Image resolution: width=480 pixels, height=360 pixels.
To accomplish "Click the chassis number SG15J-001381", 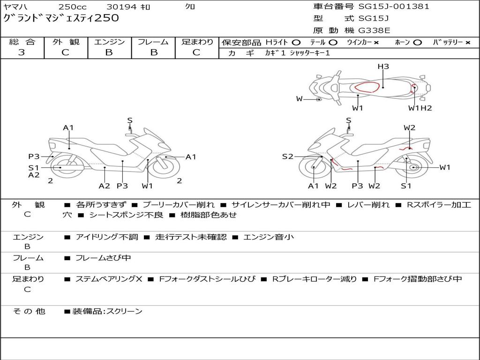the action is pos(394,7).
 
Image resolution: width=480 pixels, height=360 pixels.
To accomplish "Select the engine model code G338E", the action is pos(374,30).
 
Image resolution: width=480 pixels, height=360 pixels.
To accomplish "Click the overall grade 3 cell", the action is pos(22,52).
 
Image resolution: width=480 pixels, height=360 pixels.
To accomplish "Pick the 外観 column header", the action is pos(66,42).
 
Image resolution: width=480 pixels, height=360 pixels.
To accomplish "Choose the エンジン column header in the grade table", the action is pos(109,42).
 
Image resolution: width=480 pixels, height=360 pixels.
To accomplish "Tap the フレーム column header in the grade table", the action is pos(153,42).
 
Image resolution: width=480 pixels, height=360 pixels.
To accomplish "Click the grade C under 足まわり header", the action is pos(196,52).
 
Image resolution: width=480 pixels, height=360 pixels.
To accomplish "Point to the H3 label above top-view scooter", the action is pos(383,67).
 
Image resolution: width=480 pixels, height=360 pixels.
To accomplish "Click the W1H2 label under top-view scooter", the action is pos(420,108).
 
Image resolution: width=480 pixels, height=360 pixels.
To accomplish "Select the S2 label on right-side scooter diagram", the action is pos(287,157).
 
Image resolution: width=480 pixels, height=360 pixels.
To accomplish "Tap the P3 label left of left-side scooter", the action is pos(34,157).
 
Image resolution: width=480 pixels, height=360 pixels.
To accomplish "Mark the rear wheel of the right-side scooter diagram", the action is pos(413,168).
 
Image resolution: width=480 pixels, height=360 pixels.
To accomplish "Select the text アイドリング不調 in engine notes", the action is pos(107,237).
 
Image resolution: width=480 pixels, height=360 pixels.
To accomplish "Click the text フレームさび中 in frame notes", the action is pos(103,258).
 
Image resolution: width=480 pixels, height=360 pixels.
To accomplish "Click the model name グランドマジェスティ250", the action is pos(61,18).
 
